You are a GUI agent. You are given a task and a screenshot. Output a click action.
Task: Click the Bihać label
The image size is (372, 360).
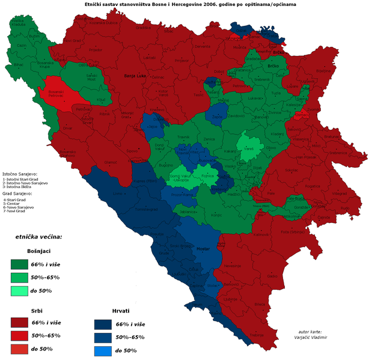point(18,64)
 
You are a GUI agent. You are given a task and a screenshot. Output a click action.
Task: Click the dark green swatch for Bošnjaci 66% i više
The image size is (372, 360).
point(20,264)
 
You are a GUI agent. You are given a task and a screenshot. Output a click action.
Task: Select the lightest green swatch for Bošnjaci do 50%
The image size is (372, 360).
point(20,291)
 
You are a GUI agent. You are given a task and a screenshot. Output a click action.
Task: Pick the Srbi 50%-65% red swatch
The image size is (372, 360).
point(20,335)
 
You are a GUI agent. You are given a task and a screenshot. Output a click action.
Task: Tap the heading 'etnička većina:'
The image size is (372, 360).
point(38,237)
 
